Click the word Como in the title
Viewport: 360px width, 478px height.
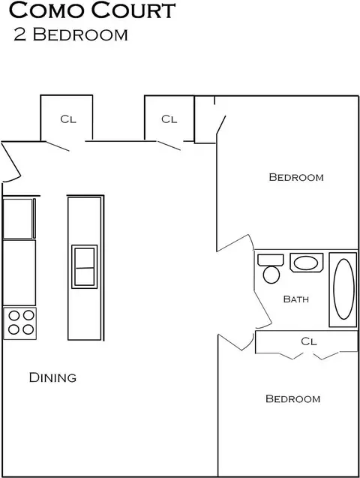47,10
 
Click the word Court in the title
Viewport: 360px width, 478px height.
133,10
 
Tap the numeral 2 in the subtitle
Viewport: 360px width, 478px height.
19,35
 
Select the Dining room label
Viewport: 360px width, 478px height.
52,377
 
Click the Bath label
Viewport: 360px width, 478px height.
296,299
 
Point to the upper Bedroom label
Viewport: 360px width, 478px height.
296,177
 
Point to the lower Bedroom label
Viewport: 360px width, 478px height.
293,398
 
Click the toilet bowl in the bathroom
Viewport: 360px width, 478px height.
271,275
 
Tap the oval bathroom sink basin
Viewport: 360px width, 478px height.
306,263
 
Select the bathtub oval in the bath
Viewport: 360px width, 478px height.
343,289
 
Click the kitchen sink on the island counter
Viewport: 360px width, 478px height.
84,266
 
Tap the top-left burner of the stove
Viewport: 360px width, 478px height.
14,315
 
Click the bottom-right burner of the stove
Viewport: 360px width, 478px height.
28,329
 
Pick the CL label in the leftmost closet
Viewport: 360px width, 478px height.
68,119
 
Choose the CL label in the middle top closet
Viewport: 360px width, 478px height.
169,119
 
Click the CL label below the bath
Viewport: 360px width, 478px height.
309,341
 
